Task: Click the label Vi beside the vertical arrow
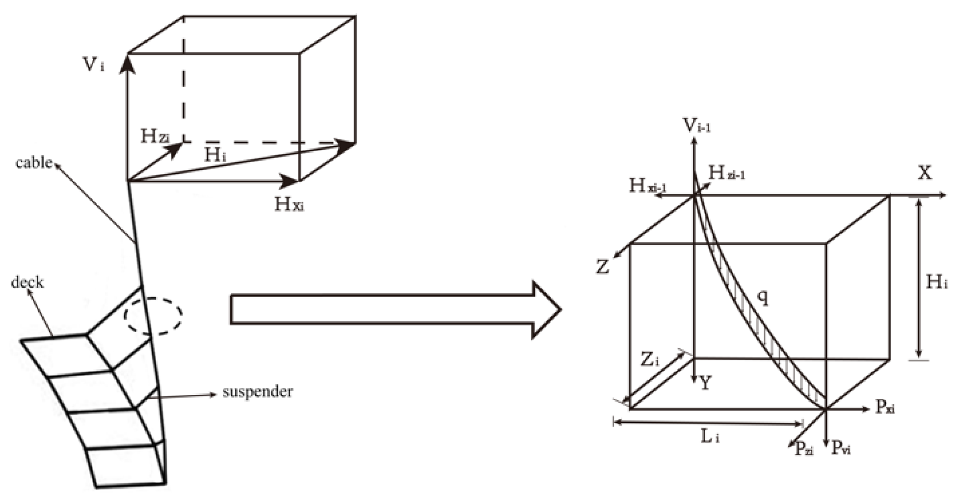94,64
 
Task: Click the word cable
33,163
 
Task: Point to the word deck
27,282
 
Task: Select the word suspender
257,391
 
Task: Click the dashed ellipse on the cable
153,316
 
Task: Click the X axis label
925,173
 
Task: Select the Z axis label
602,267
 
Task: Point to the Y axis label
705,383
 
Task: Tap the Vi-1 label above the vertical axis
697,126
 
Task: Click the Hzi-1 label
727,172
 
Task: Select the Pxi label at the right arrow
885,407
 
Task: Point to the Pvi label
841,448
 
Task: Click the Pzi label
804,448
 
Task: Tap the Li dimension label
710,436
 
